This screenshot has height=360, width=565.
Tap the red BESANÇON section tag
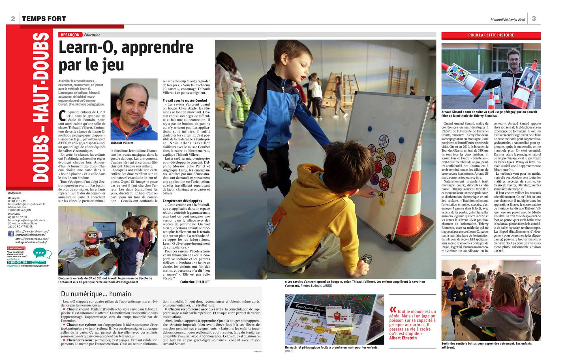(70, 35)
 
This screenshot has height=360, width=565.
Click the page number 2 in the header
(13, 19)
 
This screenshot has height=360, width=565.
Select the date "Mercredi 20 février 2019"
(508, 20)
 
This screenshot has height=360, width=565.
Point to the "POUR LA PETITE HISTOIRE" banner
(491, 35)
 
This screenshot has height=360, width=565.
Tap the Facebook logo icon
(11, 233)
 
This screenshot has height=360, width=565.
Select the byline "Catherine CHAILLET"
(195, 282)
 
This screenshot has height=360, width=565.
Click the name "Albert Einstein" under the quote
(403, 338)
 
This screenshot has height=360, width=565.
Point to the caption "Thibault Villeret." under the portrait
(122, 143)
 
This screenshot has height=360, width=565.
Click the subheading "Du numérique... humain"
(96, 294)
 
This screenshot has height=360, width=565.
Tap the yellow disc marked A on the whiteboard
(381, 195)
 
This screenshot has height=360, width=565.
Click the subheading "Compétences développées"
(182, 201)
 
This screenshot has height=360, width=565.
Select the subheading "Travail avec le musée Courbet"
(185, 100)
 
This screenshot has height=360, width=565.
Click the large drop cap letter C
(62, 116)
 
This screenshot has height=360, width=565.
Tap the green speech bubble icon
(42, 252)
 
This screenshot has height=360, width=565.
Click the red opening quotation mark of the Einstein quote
(393, 310)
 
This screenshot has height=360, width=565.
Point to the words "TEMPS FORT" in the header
(44, 19)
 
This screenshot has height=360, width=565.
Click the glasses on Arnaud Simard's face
(514, 59)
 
